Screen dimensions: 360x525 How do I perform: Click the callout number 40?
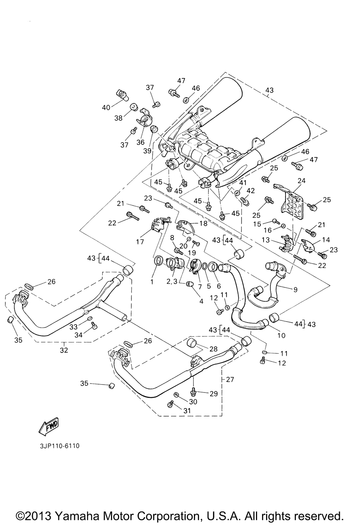[106, 108]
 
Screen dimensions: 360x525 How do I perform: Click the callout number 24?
[302, 181]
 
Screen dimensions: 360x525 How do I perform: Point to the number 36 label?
[141, 142]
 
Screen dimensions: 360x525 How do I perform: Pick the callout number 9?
[295, 290]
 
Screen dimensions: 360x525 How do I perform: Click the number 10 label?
[281, 335]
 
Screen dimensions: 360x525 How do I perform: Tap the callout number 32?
[64, 350]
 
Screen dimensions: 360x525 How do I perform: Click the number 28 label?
[213, 349]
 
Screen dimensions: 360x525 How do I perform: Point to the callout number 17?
[140, 242]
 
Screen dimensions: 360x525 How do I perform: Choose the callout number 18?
[203, 223]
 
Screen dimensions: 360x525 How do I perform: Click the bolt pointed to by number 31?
[170, 404]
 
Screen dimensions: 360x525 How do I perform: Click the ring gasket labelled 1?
[159, 261]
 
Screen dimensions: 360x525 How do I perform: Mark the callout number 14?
[326, 240]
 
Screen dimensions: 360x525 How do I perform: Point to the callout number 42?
[251, 190]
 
